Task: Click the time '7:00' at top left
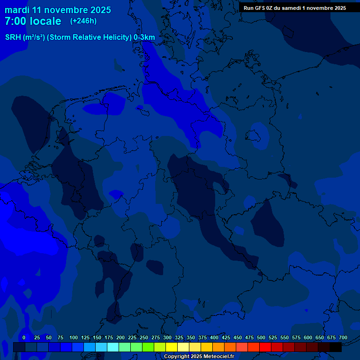[15, 21]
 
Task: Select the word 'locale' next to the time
[45, 21]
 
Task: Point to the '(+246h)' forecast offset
[83, 21]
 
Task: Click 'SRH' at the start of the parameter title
[13, 37]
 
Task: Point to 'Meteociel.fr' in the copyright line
[218, 357]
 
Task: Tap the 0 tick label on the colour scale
[24, 337]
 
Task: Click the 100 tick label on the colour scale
[74, 337]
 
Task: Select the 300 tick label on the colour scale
[167, 337]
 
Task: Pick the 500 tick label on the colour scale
[261, 337]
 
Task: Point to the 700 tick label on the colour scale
[343, 337]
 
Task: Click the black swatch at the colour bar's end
[336, 347]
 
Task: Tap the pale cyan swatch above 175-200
[113, 347]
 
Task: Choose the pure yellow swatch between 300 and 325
[172, 347]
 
